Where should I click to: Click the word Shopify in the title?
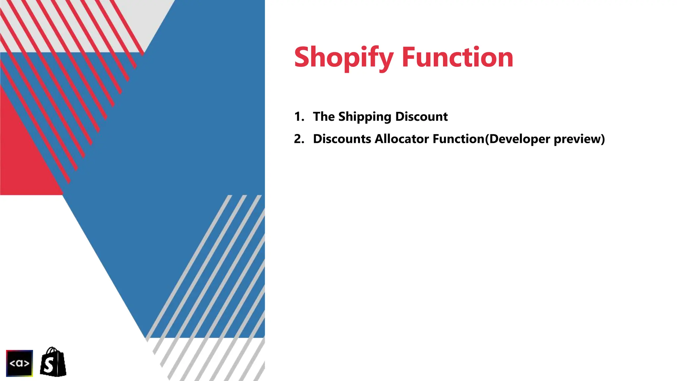344,58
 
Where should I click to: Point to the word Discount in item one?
421,116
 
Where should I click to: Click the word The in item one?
324,116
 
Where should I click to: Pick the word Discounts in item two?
342,139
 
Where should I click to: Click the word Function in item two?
458,139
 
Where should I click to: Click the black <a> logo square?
20,363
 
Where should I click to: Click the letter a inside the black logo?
20,363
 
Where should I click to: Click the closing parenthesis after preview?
603,139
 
